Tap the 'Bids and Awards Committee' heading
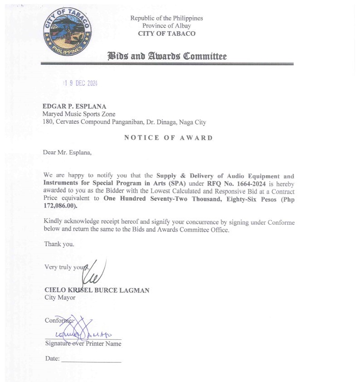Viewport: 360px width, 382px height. pyautogui.click(x=167, y=56)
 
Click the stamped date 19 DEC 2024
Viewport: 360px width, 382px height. pyautogui.click(x=81, y=83)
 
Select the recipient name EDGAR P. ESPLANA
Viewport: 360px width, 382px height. pyautogui.click(x=74, y=106)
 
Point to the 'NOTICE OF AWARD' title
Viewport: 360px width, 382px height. pyautogui.click(x=168, y=138)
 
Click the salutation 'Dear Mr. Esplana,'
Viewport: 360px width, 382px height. pyautogui.click(x=67, y=152)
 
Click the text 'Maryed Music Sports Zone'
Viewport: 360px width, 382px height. pyautogui.click(x=79, y=114)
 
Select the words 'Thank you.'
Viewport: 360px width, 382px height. pyautogui.click(x=59, y=244)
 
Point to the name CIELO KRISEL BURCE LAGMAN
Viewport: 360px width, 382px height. pyautogui.click(x=97, y=290)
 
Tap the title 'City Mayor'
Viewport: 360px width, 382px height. pyautogui.click(x=60, y=298)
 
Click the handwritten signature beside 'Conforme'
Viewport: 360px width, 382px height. pyautogui.click(x=82, y=330)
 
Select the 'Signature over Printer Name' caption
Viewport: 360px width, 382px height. pyautogui.click(x=83, y=344)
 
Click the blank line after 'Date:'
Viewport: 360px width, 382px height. pyautogui.click(x=91, y=361)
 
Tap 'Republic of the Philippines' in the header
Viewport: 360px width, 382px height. pyautogui.click(x=166, y=18)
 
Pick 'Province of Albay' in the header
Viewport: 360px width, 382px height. pyautogui.click(x=166, y=26)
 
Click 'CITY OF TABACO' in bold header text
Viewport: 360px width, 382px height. pyautogui.click(x=166, y=34)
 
